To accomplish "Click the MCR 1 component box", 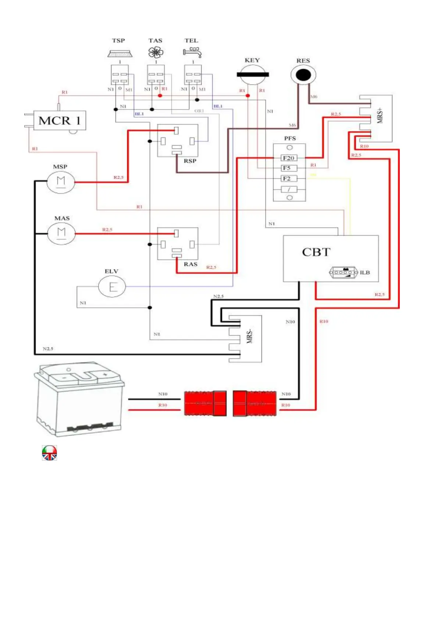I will (60, 120).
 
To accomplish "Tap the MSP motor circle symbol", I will (61, 182).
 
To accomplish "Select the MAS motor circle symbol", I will (61, 233).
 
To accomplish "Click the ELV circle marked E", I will (112, 286).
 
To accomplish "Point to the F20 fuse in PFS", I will (289, 158).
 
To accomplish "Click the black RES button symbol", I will (303, 75).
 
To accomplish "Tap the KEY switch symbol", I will (253, 75).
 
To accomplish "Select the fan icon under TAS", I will (156, 53).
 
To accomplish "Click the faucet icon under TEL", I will (193, 52).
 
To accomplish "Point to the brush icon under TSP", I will (120, 54).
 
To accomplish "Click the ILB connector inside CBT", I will (343, 272).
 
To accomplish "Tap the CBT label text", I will (316, 252).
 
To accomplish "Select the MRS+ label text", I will (380, 115).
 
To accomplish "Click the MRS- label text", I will (250, 336).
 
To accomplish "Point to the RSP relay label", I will (190, 161).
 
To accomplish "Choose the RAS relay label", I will (190, 264).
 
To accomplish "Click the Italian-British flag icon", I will (49, 453).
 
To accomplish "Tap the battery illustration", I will (79, 399).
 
